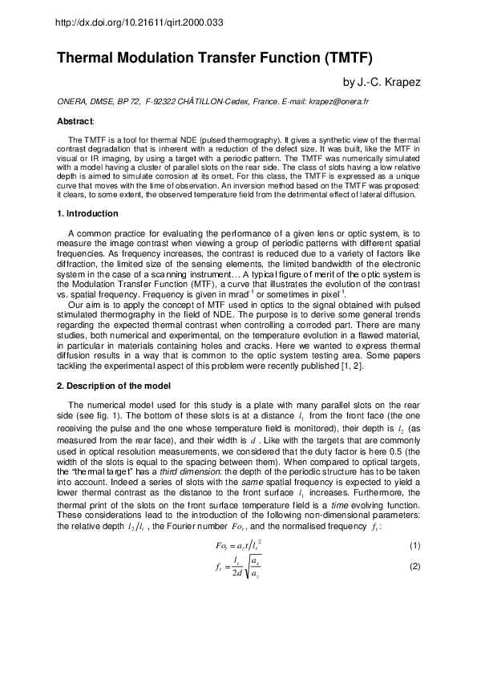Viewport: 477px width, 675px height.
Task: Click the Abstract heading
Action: [x=75, y=120]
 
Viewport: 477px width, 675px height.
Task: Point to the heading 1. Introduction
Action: [x=87, y=214]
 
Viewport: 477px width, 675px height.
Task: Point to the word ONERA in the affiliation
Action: [x=71, y=103]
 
